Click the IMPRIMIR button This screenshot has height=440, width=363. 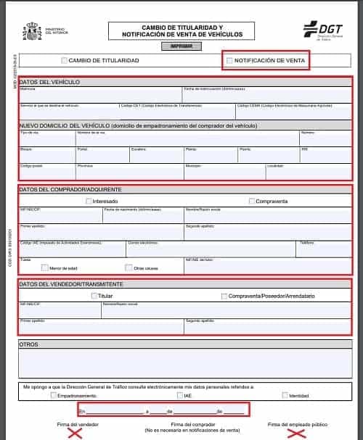pos(181,46)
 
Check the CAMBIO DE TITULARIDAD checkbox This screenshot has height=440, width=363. pos(65,60)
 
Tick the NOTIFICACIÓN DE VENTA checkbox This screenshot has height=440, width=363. pos(230,60)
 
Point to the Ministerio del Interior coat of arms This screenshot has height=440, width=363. pos(33,31)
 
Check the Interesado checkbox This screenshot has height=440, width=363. pos(89,201)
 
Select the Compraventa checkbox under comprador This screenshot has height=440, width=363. pos(252,201)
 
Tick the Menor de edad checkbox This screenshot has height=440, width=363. pos(44,267)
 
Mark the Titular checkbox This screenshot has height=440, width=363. pos(94,296)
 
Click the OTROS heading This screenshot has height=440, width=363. pos(30,344)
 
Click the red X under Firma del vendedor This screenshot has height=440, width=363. pos(75,433)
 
